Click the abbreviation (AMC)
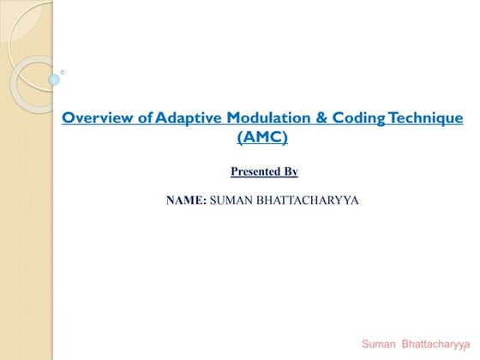[262, 136]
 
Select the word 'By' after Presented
[290, 171]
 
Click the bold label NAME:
[186, 201]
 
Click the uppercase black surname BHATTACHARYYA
[314, 201]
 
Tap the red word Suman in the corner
[379, 344]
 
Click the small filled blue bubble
[54, 80]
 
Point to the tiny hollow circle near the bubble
[63, 72]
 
